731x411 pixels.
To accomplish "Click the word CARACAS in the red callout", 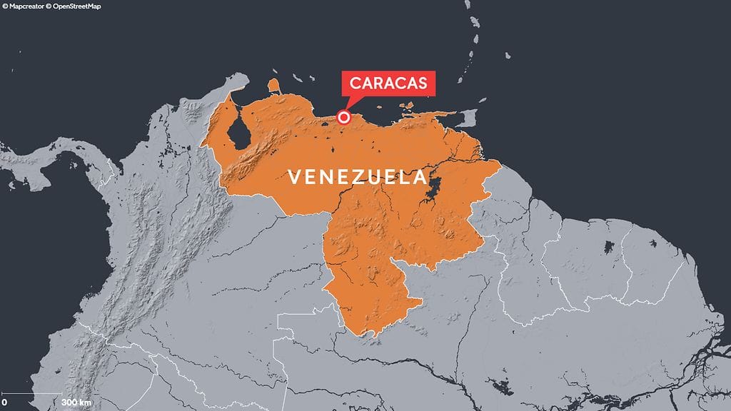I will (x=388, y=83).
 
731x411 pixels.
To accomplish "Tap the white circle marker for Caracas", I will (x=344, y=118).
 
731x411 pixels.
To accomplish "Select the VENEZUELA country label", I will (x=357, y=176).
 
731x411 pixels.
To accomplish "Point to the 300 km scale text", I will (x=76, y=403).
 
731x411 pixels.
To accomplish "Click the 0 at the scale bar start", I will (x=4, y=403).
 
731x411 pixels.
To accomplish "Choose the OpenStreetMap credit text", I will (x=72, y=6).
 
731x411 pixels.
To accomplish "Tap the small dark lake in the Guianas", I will (x=609, y=248).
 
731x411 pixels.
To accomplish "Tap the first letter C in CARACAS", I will (x=354, y=83).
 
